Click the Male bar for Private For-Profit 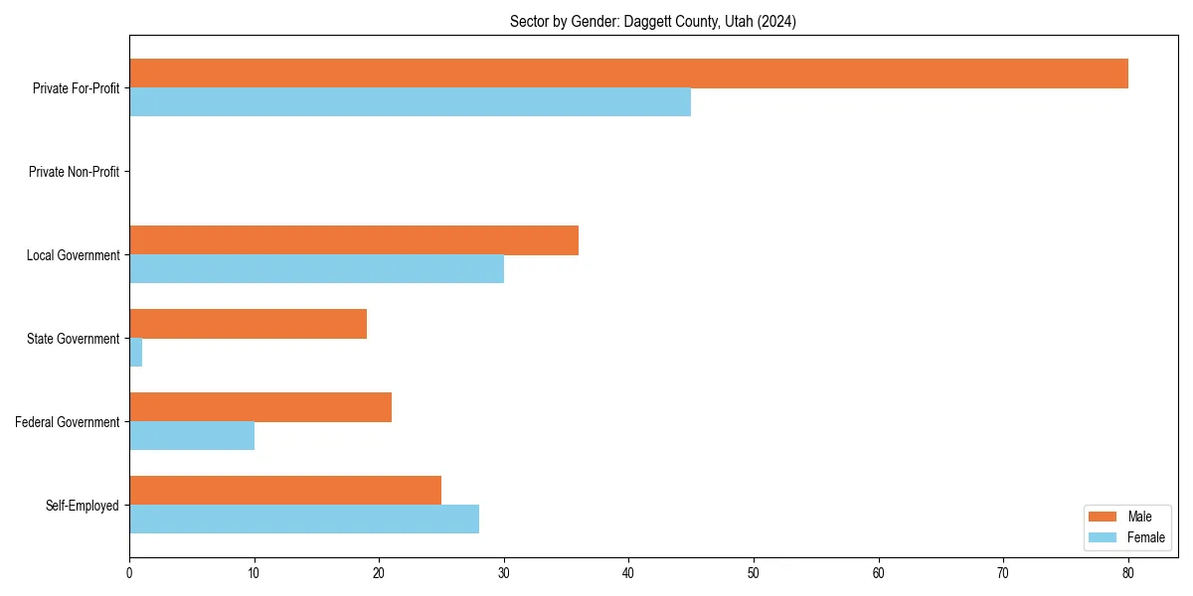tap(628, 74)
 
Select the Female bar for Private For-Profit tap(410, 102)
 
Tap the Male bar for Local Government tap(354, 240)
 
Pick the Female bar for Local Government tap(316, 269)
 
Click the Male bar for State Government tap(248, 324)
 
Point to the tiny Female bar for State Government tap(136, 353)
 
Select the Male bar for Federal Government tap(260, 407)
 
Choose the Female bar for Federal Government tap(192, 436)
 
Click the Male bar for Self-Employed tap(285, 491)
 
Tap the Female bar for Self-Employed tap(304, 520)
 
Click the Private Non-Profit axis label tap(74, 172)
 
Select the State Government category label tap(73, 339)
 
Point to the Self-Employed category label tap(82, 506)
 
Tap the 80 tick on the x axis tap(1128, 572)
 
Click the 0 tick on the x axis tap(129, 572)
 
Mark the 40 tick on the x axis tap(628, 572)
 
